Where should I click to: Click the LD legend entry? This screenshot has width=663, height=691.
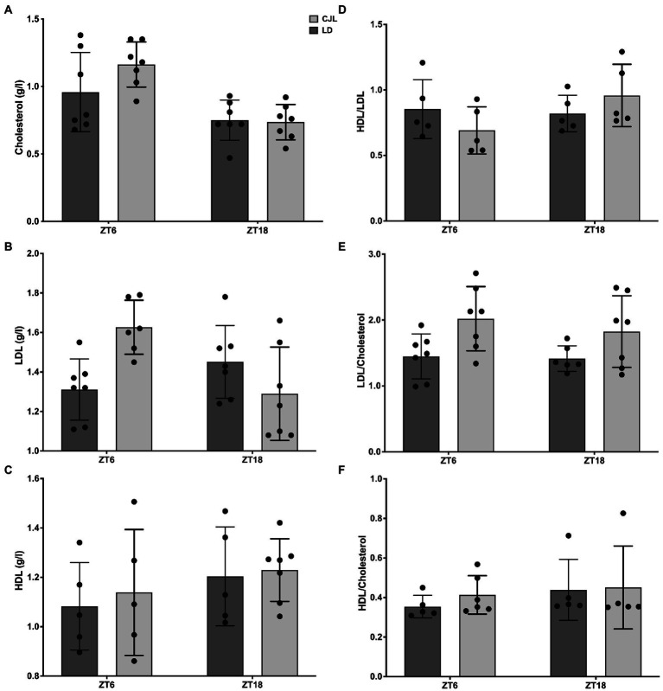(x=321, y=30)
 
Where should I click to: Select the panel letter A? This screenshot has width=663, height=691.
(x=8, y=10)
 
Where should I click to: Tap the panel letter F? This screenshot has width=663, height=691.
(x=341, y=470)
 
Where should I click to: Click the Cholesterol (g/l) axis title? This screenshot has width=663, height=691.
(x=18, y=119)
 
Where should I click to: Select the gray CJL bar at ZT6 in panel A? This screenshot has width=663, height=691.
(x=136, y=143)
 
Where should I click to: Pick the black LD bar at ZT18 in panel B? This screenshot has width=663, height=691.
(x=225, y=406)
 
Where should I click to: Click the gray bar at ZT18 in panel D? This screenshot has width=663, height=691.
(x=622, y=158)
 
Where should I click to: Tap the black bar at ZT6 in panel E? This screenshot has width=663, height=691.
(x=421, y=404)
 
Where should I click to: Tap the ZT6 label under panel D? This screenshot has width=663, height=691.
(x=449, y=229)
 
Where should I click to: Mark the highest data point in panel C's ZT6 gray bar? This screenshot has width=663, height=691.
(x=134, y=502)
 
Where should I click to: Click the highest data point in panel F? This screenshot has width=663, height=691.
(x=623, y=514)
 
